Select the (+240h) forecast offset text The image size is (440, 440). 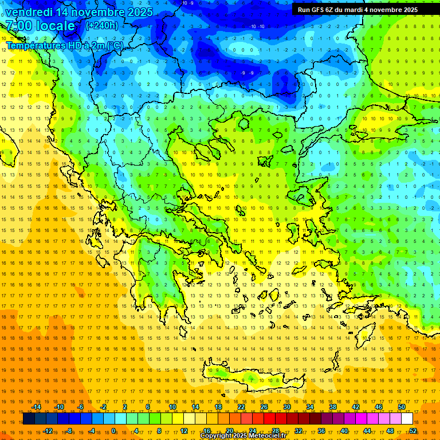pyautogui.click(x=102, y=26)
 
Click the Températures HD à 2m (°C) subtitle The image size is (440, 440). pyautogui.click(x=64, y=45)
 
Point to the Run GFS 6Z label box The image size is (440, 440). pyautogui.click(x=357, y=10)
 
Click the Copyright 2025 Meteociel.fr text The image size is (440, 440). pyautogui.click(x=243, y=436)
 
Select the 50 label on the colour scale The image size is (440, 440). pyautogui.click(x=402, y=407)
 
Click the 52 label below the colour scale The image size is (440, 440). pyautogui.click(x=413, y=431)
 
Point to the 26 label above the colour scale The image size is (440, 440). pyautogui.click(x=264, y=407)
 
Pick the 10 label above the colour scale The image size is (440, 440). pyautogui.click(x=172, y=407)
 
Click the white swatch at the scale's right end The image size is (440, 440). pyautogui.click(x=407, y=419)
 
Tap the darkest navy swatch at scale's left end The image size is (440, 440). pyautogui.click(x=29, y=419)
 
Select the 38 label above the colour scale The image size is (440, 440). pyautogui.click(x=333, y=407)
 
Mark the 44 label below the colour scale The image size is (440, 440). pyautogui.click(x=367, y=431)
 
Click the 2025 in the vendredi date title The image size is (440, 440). pyautogui.click(x=139, y=12)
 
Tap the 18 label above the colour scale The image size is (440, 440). pyautogui.click(x=218, y=407)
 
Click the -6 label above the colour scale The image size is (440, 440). pyautogui.click(x=81, y=407)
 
